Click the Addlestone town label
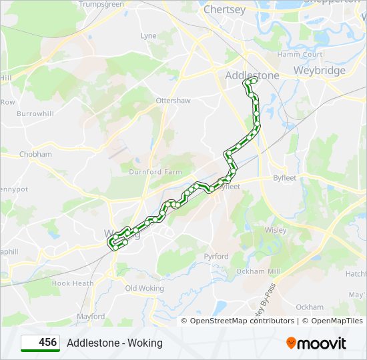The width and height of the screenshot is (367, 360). point(252,75)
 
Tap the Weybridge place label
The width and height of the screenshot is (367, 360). point(320,71)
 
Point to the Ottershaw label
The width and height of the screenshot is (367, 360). point(173,101)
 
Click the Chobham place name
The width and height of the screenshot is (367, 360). point(35,154)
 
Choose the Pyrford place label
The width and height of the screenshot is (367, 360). point(216,257)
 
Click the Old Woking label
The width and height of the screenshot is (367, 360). point(144,288)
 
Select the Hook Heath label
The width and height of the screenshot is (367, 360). point(73,283)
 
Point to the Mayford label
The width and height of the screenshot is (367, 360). point(91,317)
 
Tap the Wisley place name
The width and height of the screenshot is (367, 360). point(275,230)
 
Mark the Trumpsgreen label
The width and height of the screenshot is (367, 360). point(101,4)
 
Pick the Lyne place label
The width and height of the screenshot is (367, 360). point(148,36)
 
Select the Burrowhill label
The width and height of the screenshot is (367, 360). point(35,114)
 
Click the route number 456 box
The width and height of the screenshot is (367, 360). point(40,343)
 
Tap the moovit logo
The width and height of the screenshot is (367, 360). point(316,343)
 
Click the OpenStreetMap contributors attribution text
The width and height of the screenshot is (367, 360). point(242,321)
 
